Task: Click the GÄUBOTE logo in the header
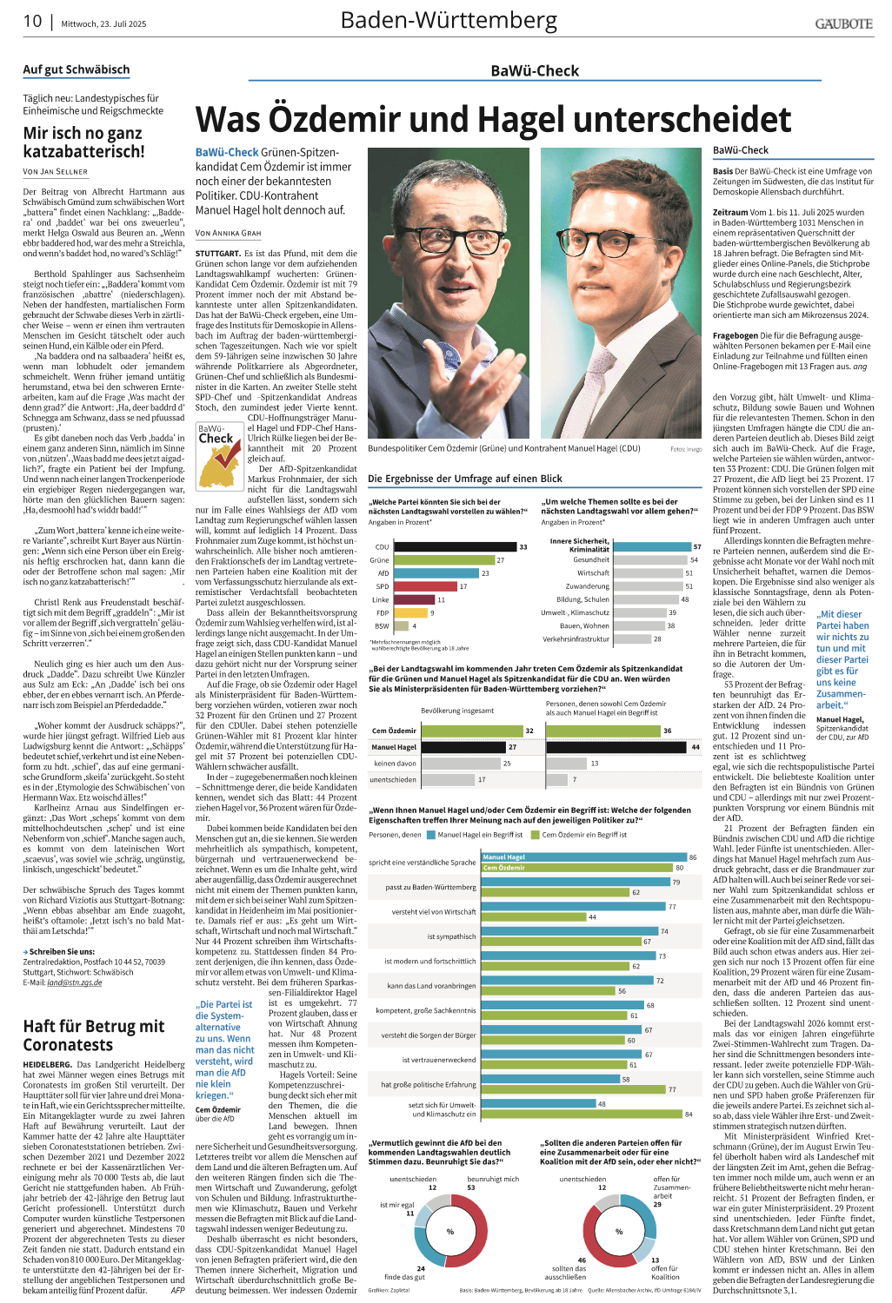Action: pos(843,23)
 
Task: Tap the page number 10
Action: pos(32,21)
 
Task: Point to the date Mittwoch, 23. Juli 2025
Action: pos(103,23)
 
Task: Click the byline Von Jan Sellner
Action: pos(55,172)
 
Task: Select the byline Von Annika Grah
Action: pos(228,233)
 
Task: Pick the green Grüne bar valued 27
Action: pos(443,560)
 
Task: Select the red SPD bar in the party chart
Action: pos(425,586)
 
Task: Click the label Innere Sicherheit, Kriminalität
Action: pos(579,545)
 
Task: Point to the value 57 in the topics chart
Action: pos(697,546)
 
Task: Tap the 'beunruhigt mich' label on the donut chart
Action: pos(492,1179)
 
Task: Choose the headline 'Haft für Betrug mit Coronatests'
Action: pos(94,1035)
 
